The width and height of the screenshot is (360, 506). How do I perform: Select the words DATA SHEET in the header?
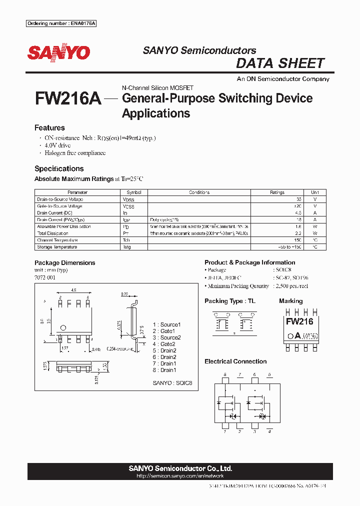pos(280,63)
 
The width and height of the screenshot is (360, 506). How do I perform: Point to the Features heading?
pos(49,128)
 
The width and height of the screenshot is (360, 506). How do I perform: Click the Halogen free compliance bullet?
pos(75,153)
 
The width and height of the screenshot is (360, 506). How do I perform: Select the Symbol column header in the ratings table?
pos(134,192)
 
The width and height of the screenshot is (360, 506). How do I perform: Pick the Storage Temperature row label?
pos(57,247)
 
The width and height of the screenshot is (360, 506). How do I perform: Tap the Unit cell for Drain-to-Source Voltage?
pos(315,199)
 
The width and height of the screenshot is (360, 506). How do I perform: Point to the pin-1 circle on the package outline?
pos(63,328)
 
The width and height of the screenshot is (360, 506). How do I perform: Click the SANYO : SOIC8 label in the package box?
pos(172,383)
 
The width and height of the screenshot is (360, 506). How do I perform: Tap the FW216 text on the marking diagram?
pos(299,321)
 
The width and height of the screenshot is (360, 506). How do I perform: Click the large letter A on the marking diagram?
pos(297,335)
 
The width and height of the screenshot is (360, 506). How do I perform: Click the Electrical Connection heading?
pos(235,361)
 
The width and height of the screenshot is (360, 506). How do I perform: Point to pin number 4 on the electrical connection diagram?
pos(269,431)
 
